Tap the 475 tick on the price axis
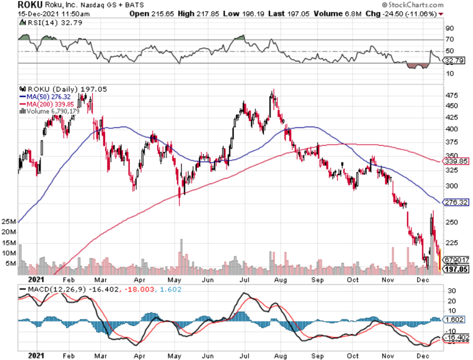click(x=449, y=95)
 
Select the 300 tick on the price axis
click(x=449, y=186)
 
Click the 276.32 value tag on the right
click(x=454, y=202)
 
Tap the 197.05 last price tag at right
click(x=454, y=271)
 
